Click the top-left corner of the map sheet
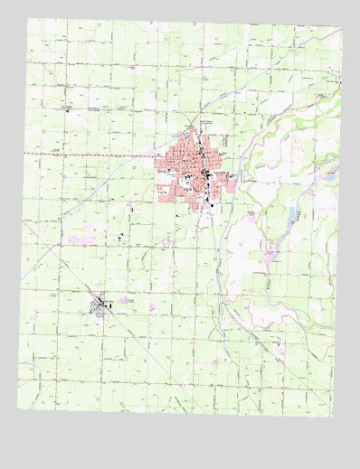click(x=26, y=19)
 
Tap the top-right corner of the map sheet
click(x=343, y=28)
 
